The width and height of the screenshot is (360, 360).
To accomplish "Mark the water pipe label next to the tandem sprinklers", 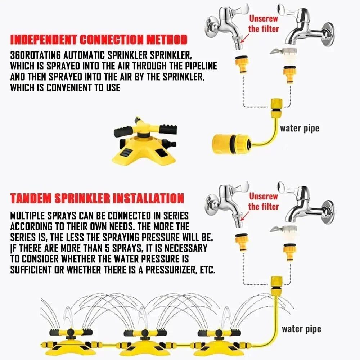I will (301, 329).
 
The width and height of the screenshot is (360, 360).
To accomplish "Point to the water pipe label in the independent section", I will (300, 129).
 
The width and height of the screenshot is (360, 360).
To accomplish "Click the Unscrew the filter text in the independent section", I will (263, 24).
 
